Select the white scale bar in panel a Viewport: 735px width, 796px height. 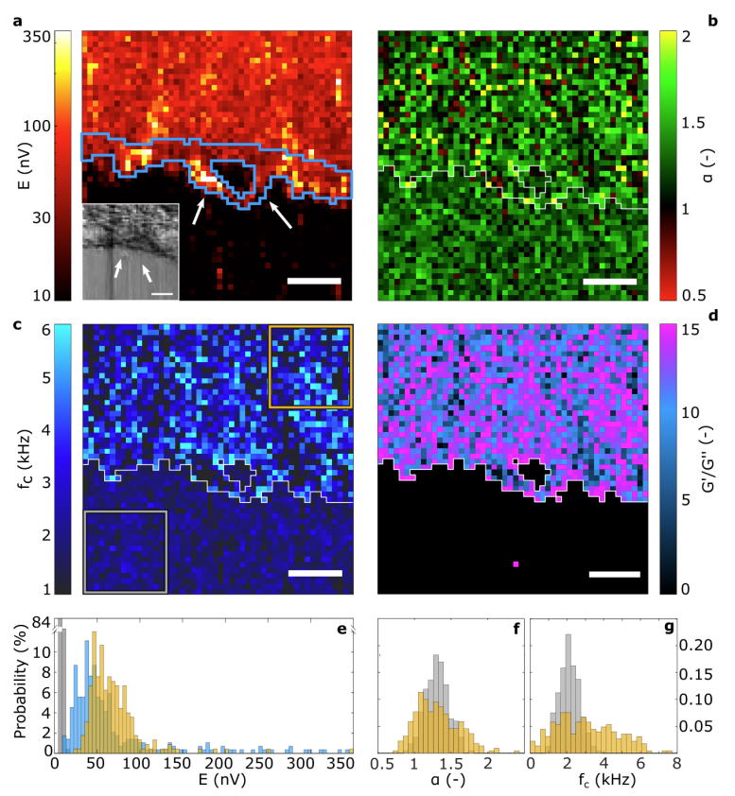313,281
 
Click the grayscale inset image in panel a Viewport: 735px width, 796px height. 131,251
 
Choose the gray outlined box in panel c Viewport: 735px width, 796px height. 125,552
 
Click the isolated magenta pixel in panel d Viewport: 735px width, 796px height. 516,564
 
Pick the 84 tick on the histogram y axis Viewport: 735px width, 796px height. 39,622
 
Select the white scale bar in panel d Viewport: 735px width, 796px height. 614,573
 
